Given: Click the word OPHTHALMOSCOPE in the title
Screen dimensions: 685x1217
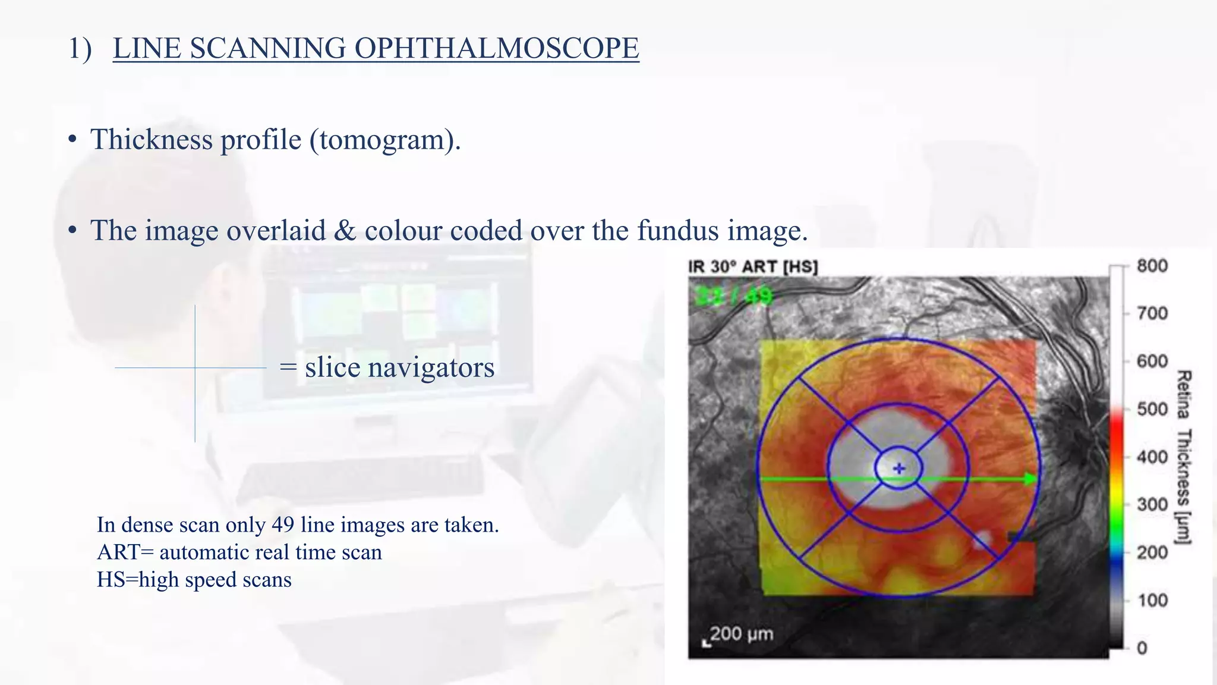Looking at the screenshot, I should [496, 48].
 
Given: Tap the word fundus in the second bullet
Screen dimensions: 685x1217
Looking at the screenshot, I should [678, 231].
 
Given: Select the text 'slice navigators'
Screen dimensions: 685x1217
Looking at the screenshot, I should [399, 367].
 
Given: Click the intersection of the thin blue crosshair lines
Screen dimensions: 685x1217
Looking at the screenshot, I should [195, 368].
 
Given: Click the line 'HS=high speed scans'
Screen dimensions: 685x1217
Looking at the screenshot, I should [194, 579].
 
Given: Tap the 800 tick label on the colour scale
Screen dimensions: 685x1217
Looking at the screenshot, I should [1152, 266].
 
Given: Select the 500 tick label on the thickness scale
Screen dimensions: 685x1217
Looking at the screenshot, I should [1152, 409].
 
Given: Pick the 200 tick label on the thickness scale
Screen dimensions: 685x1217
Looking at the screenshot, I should [1152, 552].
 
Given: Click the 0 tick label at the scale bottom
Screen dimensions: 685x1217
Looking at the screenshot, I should [1142, 648].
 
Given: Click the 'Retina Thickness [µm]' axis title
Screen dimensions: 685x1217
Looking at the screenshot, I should [1184, 457].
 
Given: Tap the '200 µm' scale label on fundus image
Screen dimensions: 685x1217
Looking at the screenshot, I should [741, 634].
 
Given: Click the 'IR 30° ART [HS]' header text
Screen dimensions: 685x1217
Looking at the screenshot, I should [753, 267].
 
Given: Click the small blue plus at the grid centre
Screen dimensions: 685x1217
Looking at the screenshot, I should [899, 469].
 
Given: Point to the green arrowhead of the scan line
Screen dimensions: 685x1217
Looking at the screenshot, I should [1031, 479].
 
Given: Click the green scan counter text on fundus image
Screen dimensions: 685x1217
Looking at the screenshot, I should [733, 296].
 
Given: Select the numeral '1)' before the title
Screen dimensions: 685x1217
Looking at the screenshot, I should [80, 48].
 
